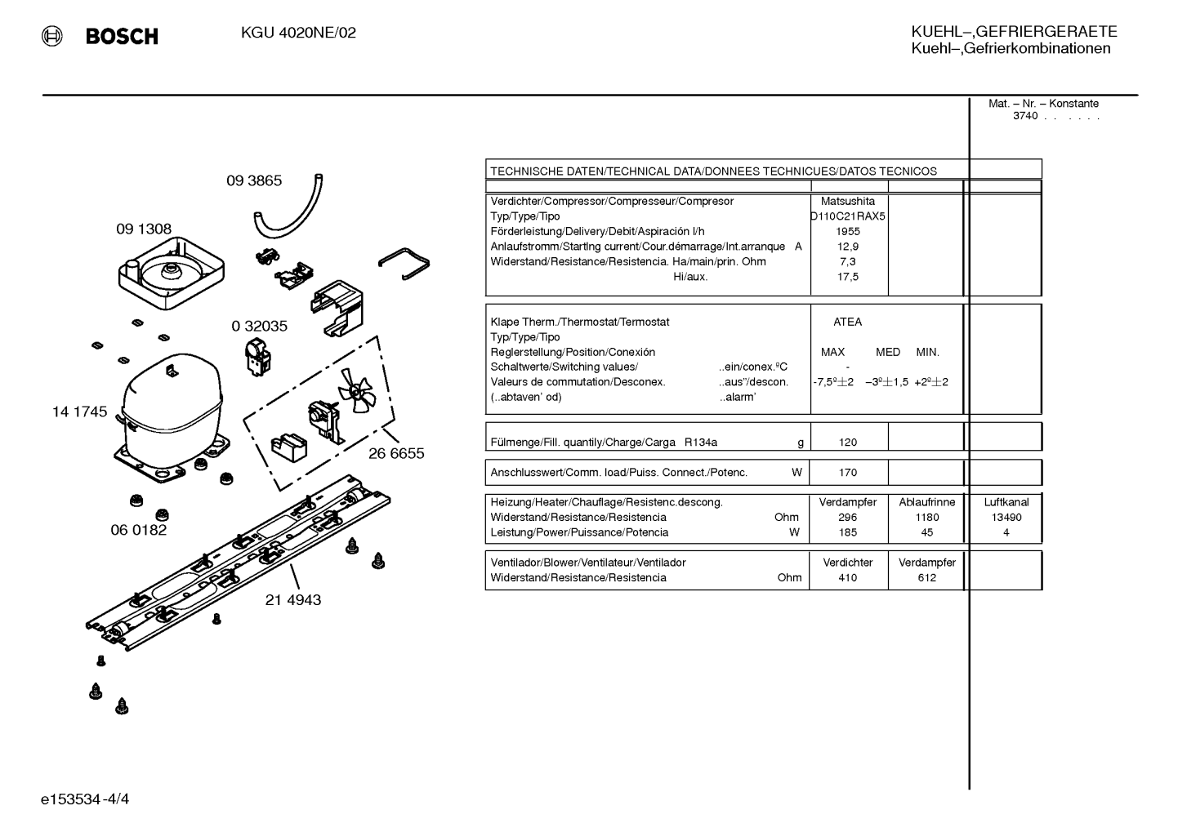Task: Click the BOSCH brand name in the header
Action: click(122, 36)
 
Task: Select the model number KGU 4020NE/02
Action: click(298, 33)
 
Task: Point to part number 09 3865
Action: click(254, 180)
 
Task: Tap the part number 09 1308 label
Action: click(144, 229)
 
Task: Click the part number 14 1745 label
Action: click(79, 412)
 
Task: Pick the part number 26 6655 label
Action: click(396, 454)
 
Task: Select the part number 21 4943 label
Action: click(293, 599)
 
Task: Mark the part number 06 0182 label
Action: click(138, 530)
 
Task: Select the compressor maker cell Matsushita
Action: click(848, 202)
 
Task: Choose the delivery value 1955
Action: click(848, 232)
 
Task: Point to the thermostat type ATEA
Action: click(847, 323)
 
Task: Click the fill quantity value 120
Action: click(848, 443)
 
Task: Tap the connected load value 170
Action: click(848, 473)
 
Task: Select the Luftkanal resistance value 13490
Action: click(1006, 518)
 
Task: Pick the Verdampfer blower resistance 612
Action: click(926, 578)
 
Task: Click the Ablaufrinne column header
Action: click(926, 502)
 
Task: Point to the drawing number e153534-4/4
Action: click(85, 799)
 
